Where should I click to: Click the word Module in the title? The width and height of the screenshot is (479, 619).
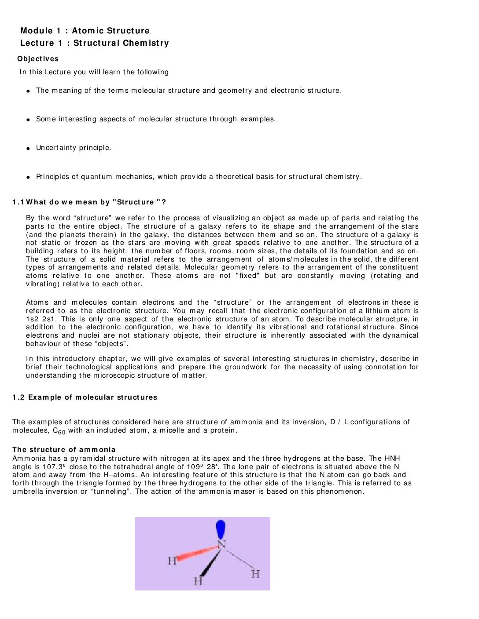37,31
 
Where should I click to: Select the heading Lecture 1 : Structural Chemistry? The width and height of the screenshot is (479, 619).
94,43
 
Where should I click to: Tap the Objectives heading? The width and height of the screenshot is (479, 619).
38,59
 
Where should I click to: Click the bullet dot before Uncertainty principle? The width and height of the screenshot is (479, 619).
28,149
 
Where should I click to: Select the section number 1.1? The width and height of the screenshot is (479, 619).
18,202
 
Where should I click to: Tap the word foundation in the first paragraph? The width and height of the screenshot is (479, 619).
359,251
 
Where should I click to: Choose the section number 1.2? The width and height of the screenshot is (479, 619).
18,397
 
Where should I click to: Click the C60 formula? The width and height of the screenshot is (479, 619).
59,431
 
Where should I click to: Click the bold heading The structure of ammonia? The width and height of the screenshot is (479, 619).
64,450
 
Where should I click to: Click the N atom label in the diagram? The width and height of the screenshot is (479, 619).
221,545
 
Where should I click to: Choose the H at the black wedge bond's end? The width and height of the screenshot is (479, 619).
198,581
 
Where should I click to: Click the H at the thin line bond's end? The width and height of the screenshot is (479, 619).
255,574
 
